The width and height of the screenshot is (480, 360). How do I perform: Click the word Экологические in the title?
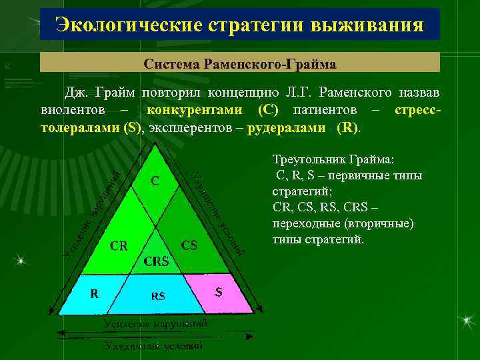(129, 25)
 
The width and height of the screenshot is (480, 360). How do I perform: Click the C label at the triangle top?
(155, 180)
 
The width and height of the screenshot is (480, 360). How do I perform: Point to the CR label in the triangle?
(119, 245)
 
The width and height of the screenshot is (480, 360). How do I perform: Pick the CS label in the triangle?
(190, 245)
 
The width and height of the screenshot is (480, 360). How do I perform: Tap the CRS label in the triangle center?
(157, 261)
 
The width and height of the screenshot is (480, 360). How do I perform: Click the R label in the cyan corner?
(95, 292)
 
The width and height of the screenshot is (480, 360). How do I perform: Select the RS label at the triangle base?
(157, 295)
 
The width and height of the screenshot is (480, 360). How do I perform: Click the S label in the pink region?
(219, 291)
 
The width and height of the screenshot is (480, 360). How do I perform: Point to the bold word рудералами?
(287, 127)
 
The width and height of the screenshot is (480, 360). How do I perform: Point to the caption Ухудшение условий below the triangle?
(154, 346)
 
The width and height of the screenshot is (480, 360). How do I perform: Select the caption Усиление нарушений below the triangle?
(155, 323)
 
